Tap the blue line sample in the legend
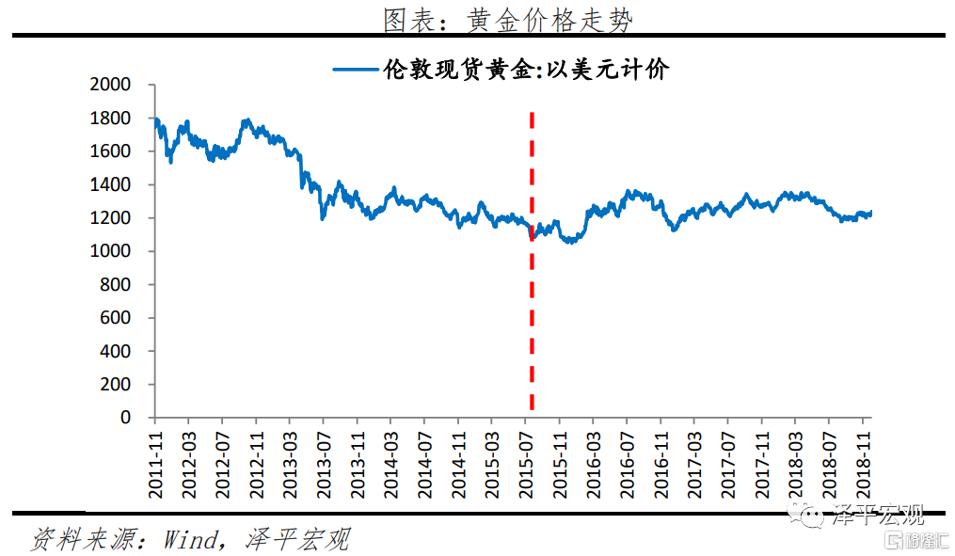click(x=356, y=69)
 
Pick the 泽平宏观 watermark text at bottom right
click(x=879, y=515)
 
